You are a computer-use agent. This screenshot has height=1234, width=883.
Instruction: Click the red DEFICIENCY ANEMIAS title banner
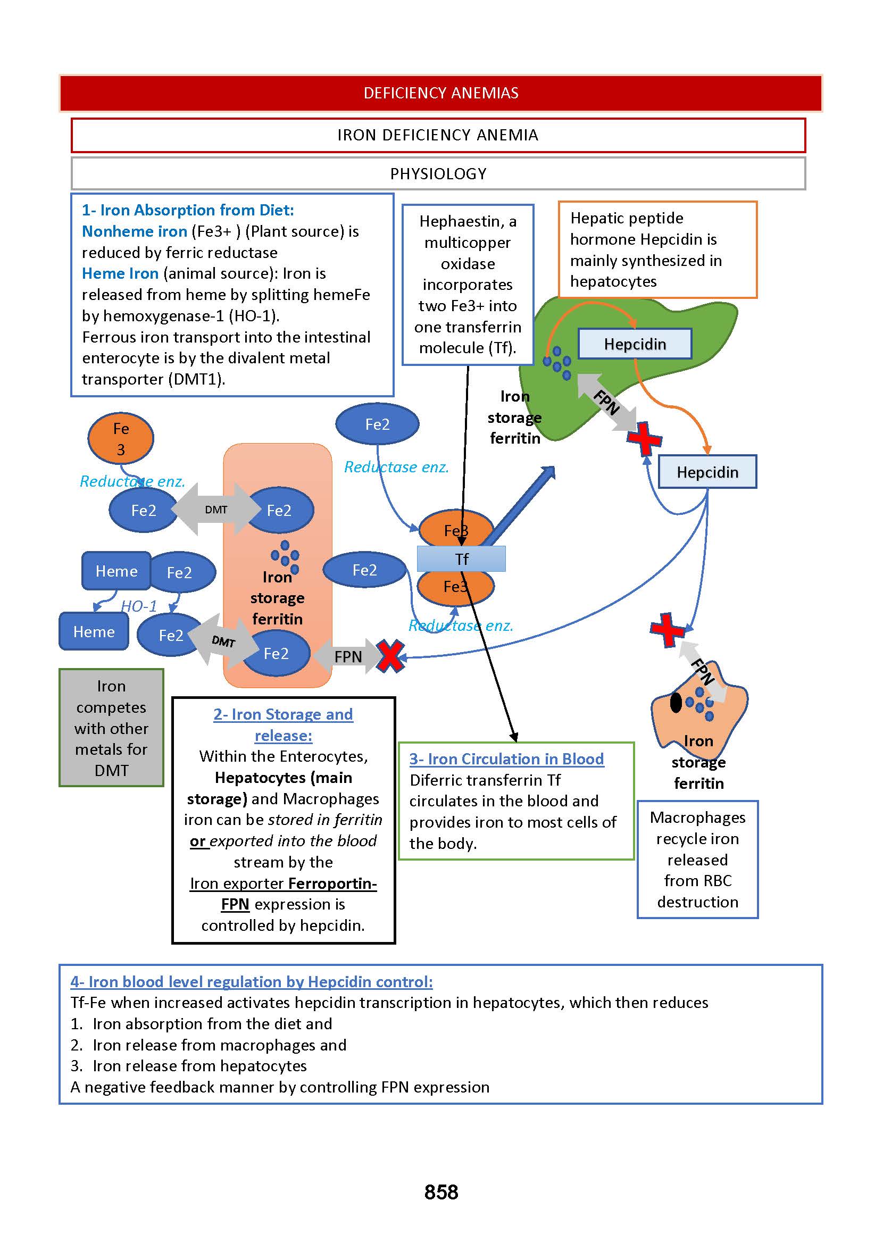coord(440,93)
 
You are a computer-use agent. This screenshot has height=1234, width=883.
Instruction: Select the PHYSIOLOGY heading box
coord(438,174)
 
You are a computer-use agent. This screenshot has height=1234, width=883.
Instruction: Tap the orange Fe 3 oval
coord(121,439)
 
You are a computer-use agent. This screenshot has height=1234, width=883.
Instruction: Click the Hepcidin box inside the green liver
coord(635,344)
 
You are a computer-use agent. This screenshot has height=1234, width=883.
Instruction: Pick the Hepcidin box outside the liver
coord(707,472)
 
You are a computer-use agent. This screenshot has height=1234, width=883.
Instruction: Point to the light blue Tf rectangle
coord(461,559)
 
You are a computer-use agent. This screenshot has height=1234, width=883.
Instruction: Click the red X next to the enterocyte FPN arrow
coord(391,657)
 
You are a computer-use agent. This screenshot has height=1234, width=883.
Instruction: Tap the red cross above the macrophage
coord(668,630)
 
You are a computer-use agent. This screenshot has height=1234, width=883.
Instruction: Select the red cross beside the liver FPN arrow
coord(644,439)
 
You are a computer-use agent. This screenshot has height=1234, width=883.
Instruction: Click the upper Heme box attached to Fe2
coord(116,571)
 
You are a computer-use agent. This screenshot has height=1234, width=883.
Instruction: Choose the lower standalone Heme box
coord(94,632)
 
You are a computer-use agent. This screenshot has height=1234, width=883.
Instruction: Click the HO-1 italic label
coord(139,606)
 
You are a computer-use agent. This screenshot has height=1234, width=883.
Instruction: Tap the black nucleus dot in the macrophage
coord(676,703)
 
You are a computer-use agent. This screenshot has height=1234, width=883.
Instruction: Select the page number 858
coord(441,1192)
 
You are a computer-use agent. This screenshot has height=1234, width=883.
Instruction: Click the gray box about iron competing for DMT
coord(112,728)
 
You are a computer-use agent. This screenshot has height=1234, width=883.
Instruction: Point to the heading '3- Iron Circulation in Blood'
coord(506,759)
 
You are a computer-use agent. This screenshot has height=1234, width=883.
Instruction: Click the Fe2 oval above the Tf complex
coord(377,424)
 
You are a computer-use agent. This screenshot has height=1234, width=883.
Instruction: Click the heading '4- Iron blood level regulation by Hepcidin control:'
coord(251,982)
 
